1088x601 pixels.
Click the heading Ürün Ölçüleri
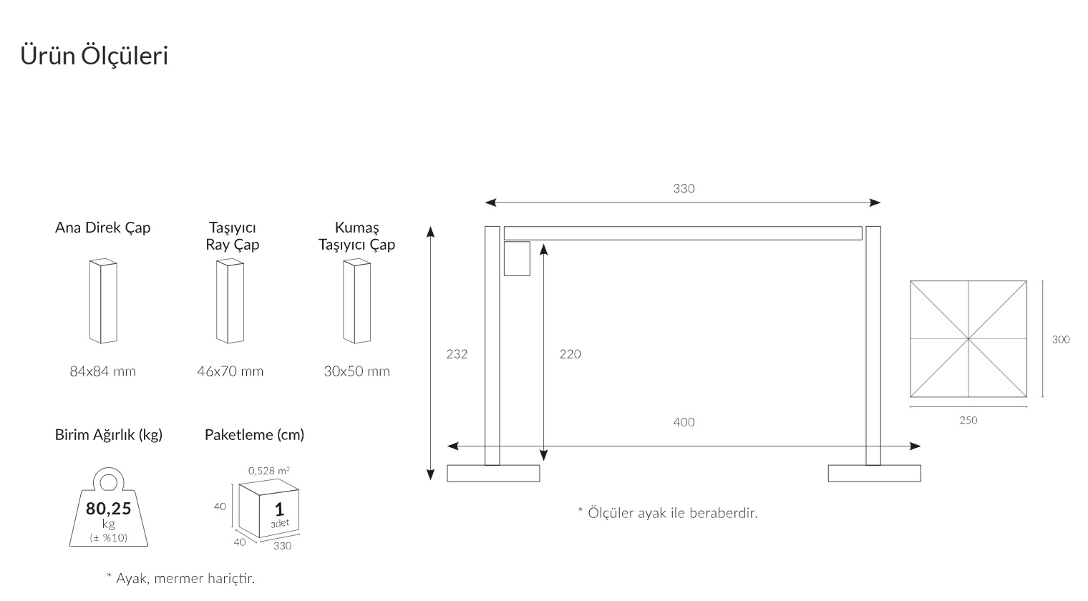pos(94,55)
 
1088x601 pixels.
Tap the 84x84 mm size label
pos(103,371)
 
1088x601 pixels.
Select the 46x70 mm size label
pos(230,371)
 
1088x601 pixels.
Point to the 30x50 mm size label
pos(357,371)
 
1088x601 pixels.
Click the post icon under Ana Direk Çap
pos(103,301)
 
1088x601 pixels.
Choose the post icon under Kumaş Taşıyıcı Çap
pos(357,301)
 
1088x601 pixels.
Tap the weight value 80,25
pos(108,508)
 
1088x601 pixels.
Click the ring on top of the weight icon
pos(108,482)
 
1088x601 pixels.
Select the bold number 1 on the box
pos(279,509)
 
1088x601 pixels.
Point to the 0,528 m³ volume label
pos(269,471)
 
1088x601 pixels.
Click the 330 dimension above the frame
pos(684,188)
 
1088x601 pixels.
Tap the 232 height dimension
pos(457,354)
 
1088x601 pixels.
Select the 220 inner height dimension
pos(570,354)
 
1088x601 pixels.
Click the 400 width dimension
pos(684,422)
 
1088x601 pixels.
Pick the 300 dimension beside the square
pos(1061,340)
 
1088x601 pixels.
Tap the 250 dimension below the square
pos(968,421)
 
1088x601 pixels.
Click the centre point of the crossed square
pos(968,339)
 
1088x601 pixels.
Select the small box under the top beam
pos(517,259)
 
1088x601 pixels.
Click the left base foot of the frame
pos(493,474)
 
